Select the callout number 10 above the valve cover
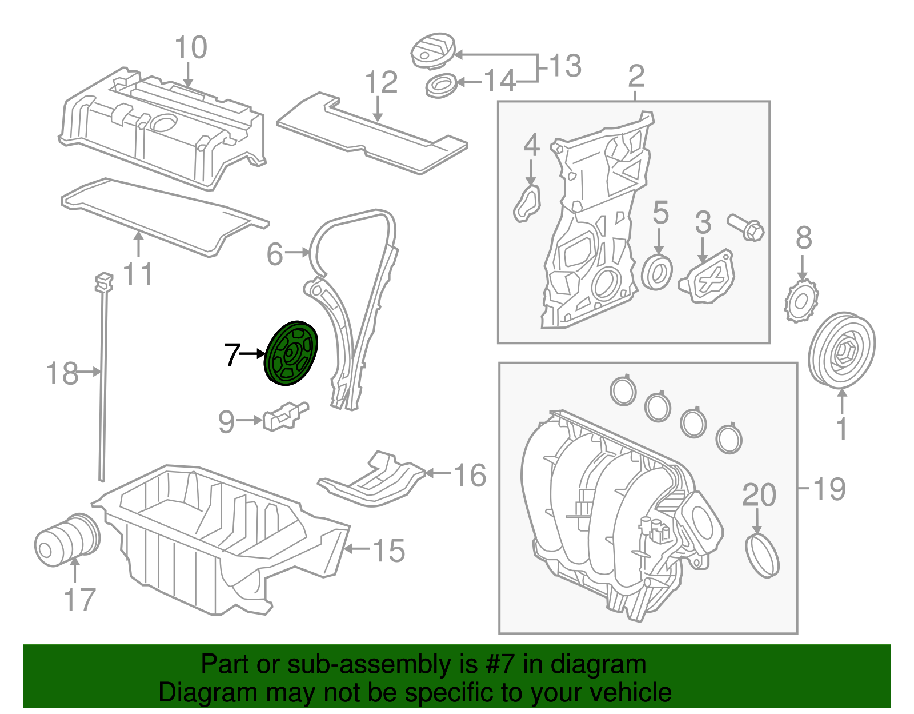[x=190, y=47]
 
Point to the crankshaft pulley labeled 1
[x=841, y=350]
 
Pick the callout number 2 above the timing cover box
[x=636, y=77]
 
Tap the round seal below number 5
[x=657, y=273]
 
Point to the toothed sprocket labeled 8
[x=801, y=301]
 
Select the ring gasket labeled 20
[x=762, y=555]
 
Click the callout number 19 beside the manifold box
[x=828, y=489]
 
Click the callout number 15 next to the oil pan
[x=388, y=550]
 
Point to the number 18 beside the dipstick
[x=62, y=374]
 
